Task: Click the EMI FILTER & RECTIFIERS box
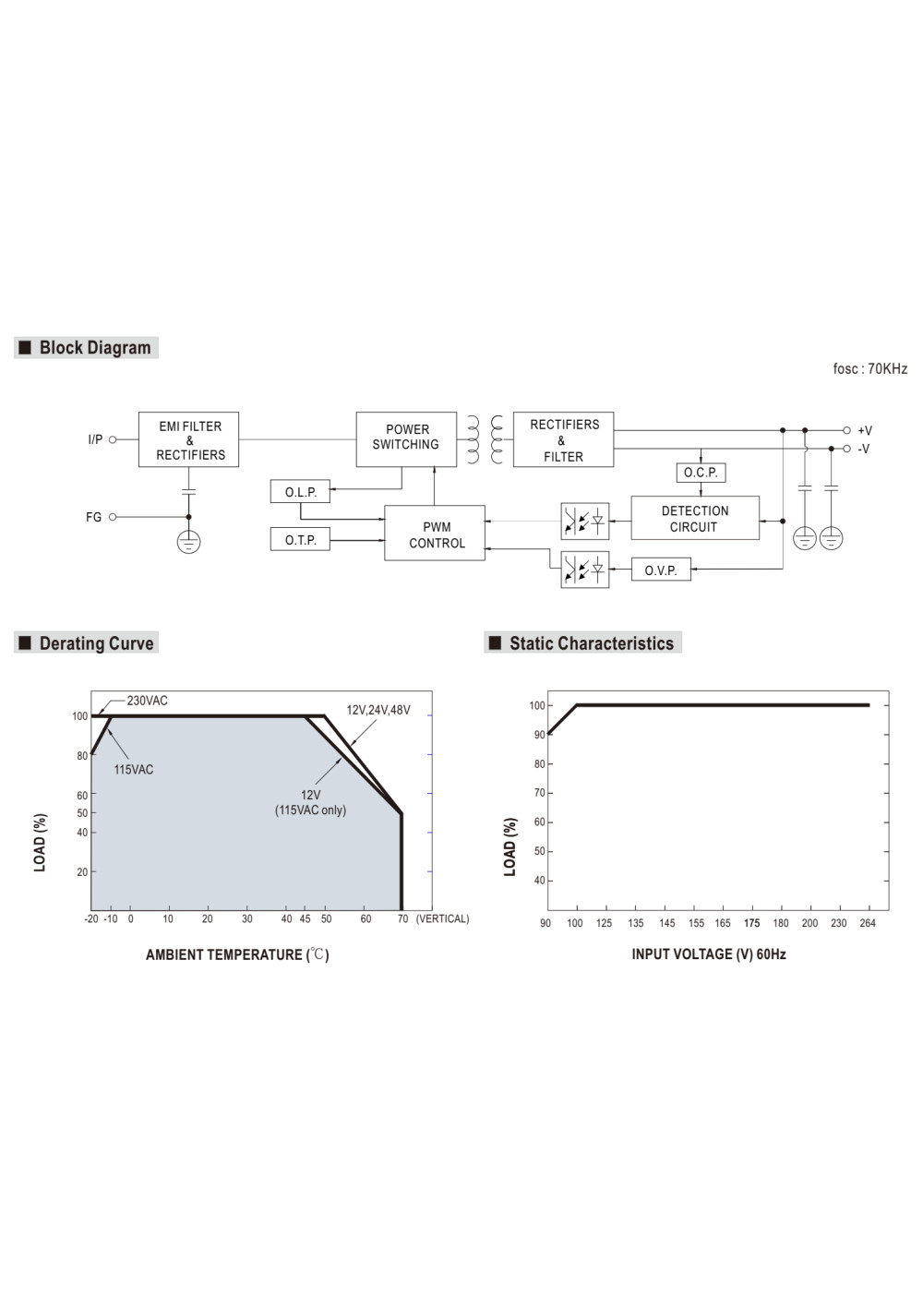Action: pos(188,439)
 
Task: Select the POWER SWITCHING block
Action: pos(406,439)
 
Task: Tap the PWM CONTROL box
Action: pos(435,533)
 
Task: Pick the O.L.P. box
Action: pos(300,492)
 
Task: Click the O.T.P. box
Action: pos(300,539)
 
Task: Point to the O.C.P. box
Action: pos(701,473)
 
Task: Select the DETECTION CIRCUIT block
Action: pos(695,518)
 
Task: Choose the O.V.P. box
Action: pos(661,570)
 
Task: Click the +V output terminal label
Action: pos(864,430)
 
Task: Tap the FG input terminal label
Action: pos(93,517)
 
